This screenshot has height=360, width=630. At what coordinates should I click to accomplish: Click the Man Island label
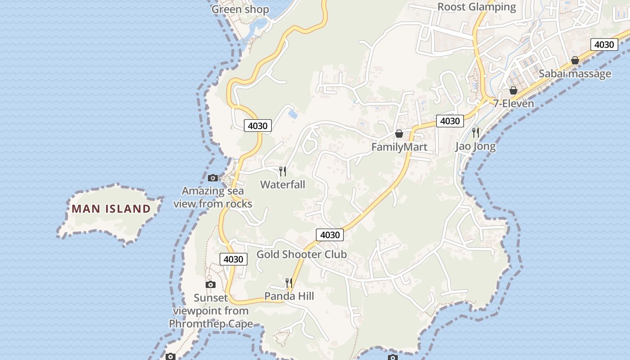(x=111, y=209)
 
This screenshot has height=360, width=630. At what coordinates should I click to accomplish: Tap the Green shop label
(x=240, y=9)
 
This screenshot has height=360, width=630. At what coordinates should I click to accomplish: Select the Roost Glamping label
(x=477, y=7)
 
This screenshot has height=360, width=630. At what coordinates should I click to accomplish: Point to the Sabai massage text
(x=575, y=74)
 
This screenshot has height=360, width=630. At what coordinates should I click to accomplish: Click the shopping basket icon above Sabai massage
(x=575, y=60)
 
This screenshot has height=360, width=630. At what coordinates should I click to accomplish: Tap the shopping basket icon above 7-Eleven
(x=513, y=90)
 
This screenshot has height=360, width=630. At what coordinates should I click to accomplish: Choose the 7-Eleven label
(x=513, y=103)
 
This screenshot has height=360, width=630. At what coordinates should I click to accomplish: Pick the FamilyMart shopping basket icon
(x=399, y=134)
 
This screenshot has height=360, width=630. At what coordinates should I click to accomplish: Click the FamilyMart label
(x=399, y=147)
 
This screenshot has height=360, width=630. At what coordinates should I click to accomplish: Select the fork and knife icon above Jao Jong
(x=475, y=132)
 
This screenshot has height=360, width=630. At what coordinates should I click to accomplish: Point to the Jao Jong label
(x=475, y=146)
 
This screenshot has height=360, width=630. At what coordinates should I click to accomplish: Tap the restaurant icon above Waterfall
(x=283, y=171)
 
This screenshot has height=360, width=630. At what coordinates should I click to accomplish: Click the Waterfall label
(x=283, y=184)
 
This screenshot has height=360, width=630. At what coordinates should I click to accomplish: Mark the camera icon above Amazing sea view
(x=213, y=178)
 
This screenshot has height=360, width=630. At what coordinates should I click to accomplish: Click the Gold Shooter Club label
(x=301, y=254)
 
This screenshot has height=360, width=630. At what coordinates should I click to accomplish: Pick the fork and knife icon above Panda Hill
(x=289, y=283)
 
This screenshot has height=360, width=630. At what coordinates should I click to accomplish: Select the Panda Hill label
(x=289, y=296)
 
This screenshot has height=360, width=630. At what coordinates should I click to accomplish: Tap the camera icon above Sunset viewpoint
(x=210, y=284)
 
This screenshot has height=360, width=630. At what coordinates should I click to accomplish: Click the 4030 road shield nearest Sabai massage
(x=603, y=45)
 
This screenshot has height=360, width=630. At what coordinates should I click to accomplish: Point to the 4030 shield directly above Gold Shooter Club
(x=330, y=235)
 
